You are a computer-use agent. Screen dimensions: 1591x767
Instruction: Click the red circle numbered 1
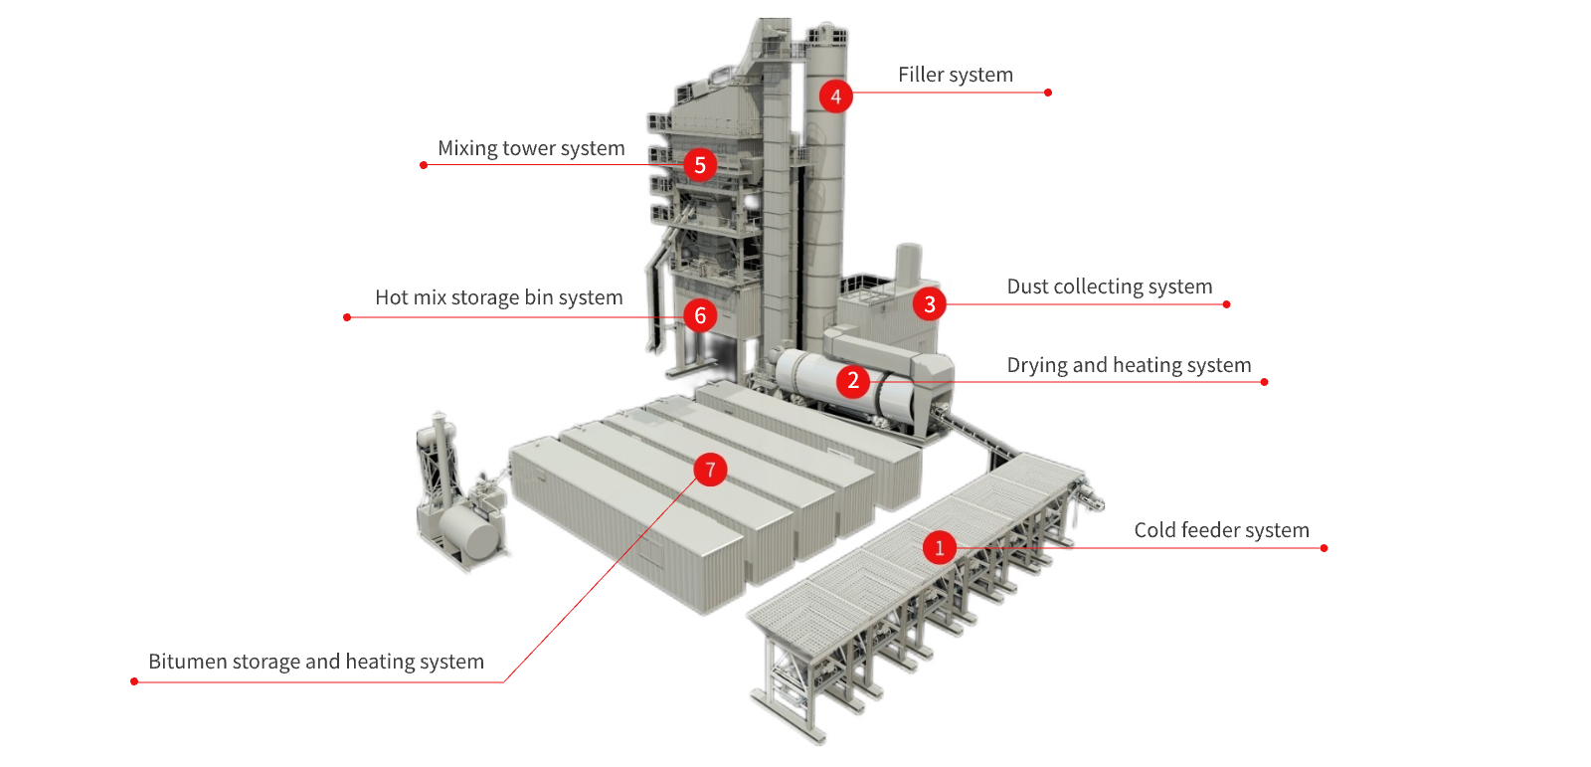tap(939, 547)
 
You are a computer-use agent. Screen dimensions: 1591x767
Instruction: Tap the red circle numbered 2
tap(853, 381)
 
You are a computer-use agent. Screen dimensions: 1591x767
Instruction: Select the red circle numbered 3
tap(929, 304)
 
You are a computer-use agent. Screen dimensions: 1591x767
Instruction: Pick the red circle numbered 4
tap(835, 96)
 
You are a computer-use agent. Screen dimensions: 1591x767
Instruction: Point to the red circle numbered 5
tap(700, 165)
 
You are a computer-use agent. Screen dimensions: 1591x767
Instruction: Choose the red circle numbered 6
tap(700, 315)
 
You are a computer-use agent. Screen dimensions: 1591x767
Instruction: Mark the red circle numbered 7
tap(710, 470)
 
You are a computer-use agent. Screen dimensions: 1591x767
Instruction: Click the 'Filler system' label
tap(956, 75)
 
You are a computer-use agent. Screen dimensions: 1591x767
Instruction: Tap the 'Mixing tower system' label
tap(531, 148)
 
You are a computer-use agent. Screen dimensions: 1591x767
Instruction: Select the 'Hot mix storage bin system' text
tap(498, 297)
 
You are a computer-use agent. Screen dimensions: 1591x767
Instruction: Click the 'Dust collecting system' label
tap(1110, 287)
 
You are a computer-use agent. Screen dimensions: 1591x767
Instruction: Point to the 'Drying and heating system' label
tap(1129, 365)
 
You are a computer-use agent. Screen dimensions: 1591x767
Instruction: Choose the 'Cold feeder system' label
tap(1222, 530)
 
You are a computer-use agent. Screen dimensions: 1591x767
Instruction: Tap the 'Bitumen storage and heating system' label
tap(316, 662)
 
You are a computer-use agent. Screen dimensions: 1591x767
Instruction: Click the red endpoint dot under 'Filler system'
tap(1048, 93)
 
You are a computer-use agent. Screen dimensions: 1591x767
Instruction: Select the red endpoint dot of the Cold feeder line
tap(1324, 548)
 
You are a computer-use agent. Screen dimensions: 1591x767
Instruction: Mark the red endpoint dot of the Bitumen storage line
tap(134, 681)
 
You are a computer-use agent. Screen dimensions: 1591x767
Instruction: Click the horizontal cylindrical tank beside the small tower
tap(469, 529)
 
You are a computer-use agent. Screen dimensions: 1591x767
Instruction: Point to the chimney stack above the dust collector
tap(908, 267)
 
